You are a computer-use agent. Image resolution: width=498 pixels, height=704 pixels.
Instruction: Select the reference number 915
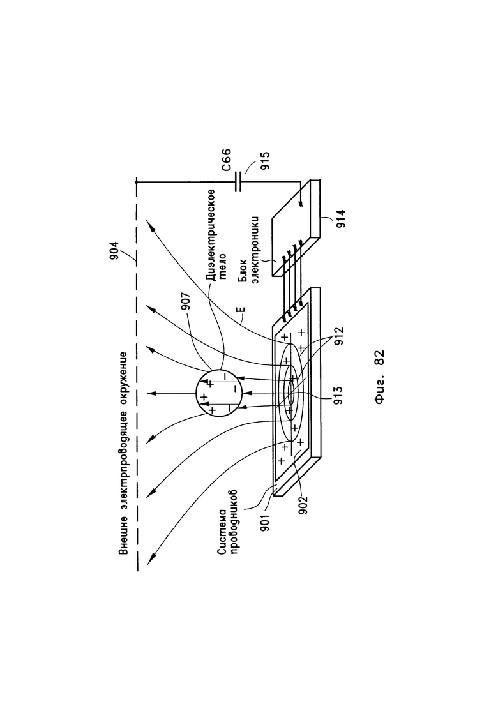pos(266,161)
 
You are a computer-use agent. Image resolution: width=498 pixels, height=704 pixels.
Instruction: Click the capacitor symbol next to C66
pos(238,182)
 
